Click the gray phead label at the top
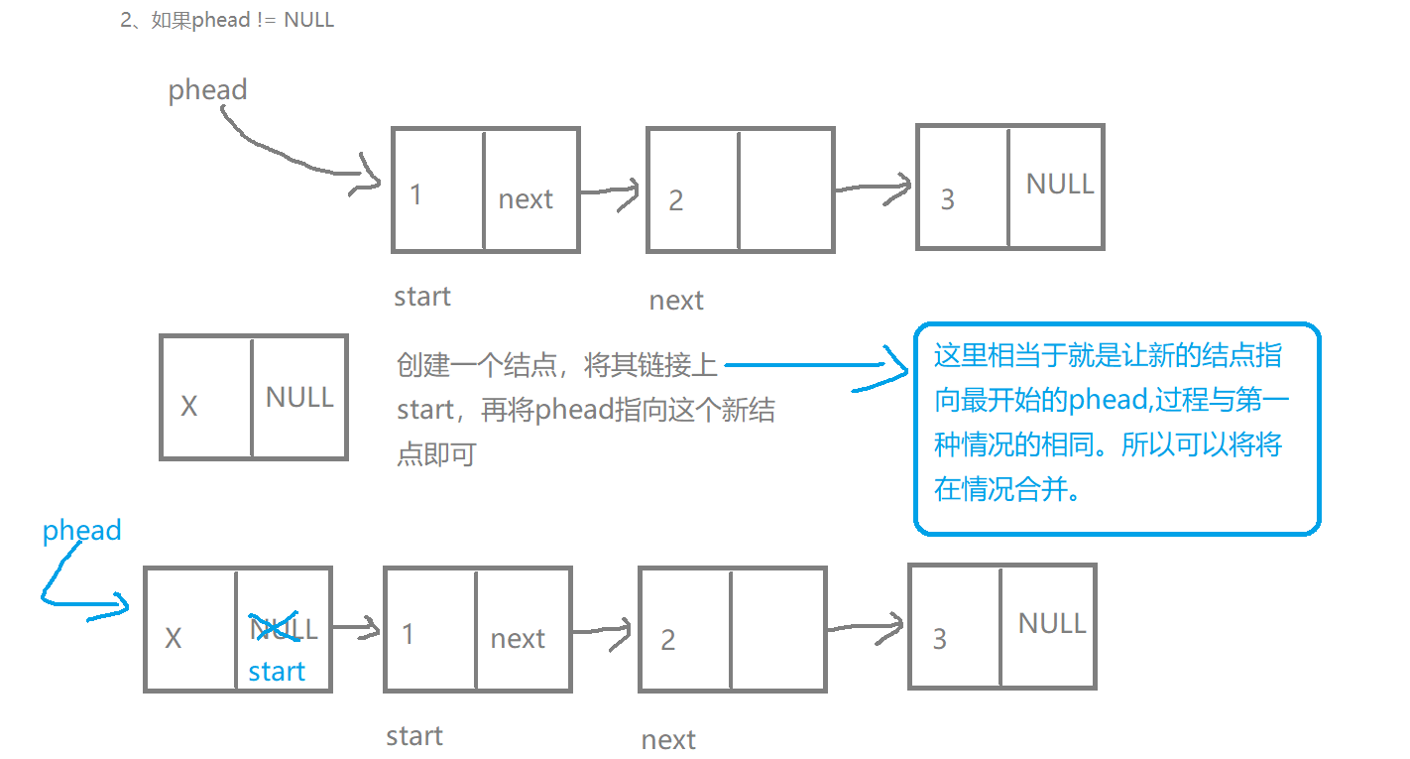[x=207, y=90]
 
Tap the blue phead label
[x=81, y=530]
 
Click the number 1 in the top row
[x=416, y=194]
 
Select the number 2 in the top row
[x=675, y=200]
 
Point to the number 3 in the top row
[x=947, y=199]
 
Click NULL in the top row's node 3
[x=1059, y=184]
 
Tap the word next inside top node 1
[x=526, y=198]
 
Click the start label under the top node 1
[x=422, y=296]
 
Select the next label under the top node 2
[x=676, y=301]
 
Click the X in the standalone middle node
[x=189, y=406]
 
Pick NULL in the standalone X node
[x=298, y=397]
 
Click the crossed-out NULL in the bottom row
[x=283, y=628]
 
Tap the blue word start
[x=277, y=672]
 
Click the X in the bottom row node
[x=174, y=638]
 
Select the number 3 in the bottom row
[x=940, y=639]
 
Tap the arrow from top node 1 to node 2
[x=611, y=192]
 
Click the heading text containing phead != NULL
[x=228, y=20]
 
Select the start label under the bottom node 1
[x=414, y=735]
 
